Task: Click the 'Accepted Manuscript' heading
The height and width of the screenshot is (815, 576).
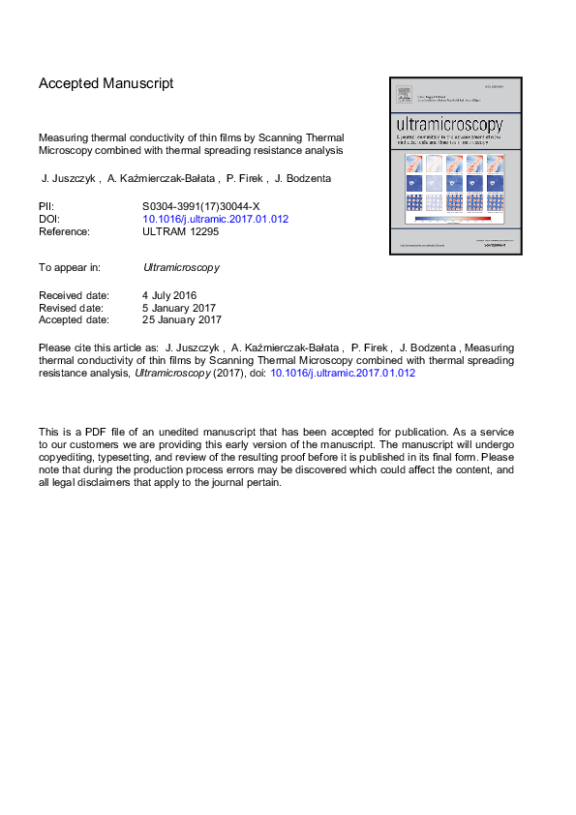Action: (x=106, y=83)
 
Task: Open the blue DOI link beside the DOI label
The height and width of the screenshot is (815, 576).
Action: (x=215, y=219)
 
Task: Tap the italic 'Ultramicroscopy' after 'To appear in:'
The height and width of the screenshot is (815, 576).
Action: (x=181, y=266)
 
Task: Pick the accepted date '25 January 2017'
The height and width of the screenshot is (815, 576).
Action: (x=182, y=319)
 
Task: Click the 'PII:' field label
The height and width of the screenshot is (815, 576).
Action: (x=46, y=206)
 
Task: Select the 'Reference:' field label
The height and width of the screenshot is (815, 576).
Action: (x=64, y=231)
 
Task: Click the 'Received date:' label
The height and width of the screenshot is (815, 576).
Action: (x=74, y=294)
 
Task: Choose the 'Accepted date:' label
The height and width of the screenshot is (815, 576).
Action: (x=74, y=319)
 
